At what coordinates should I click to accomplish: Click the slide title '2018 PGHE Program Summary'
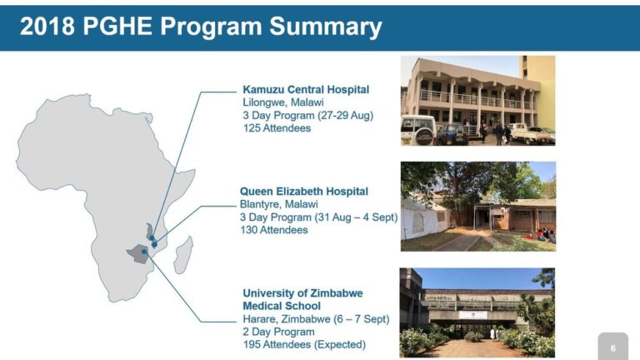coord(201,27)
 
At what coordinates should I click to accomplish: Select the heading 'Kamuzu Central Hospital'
coord(306,90)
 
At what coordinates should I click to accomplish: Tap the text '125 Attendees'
coord(277,128)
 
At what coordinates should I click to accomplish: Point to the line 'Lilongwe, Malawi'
coord(282,102)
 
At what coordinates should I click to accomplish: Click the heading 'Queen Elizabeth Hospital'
coord(303,192)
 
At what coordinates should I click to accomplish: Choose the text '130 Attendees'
coord(274,230)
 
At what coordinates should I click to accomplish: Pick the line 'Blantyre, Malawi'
coord(278,204)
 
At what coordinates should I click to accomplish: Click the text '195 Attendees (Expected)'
coord(304,344)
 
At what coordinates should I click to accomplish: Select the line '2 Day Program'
coord(278,332)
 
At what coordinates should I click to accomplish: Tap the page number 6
coord(613,348)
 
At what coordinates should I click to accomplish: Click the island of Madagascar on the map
coord(182,255)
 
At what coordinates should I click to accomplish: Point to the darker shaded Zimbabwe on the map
coord(140,254)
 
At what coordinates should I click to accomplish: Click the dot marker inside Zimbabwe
coord(144,252)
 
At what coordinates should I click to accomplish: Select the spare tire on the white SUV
coord(424,137)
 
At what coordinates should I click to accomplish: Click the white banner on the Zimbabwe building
coord(473,315)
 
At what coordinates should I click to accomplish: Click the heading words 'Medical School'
coord(282,306)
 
